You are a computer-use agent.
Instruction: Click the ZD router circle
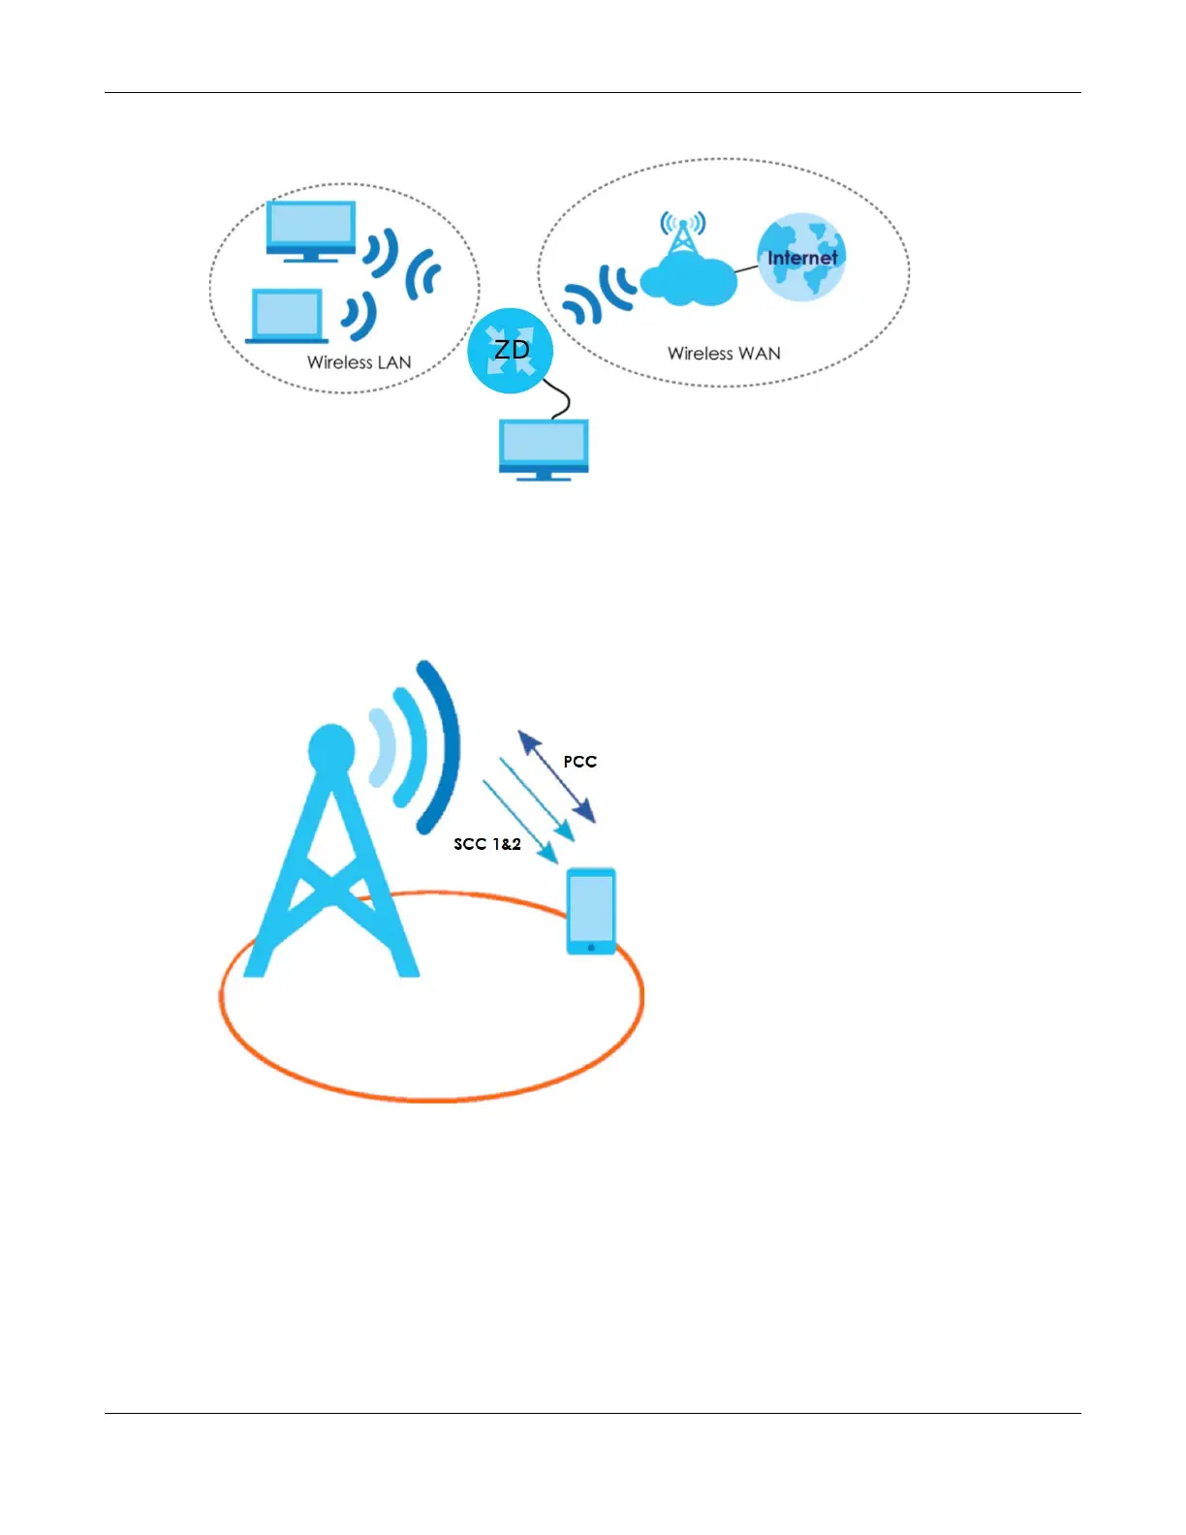click(510, 350)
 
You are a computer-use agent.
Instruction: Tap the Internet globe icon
click(801, 257)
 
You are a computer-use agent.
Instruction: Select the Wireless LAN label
click(359, 362)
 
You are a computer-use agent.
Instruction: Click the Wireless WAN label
click(724, 354)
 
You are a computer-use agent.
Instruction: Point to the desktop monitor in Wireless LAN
click(311, 231)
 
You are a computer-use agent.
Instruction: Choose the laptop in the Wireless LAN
click(287, 317)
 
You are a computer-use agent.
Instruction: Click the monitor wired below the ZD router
click(544, 448)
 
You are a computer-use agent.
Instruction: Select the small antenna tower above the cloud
click(683, 233)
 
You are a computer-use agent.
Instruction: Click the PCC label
click(579, 762)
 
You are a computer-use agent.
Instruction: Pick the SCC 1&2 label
click(487, 844)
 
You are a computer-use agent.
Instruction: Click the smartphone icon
click(591, 911)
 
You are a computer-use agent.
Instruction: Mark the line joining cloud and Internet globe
click(746, 270)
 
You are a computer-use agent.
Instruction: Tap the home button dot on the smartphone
click(591, 947)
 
